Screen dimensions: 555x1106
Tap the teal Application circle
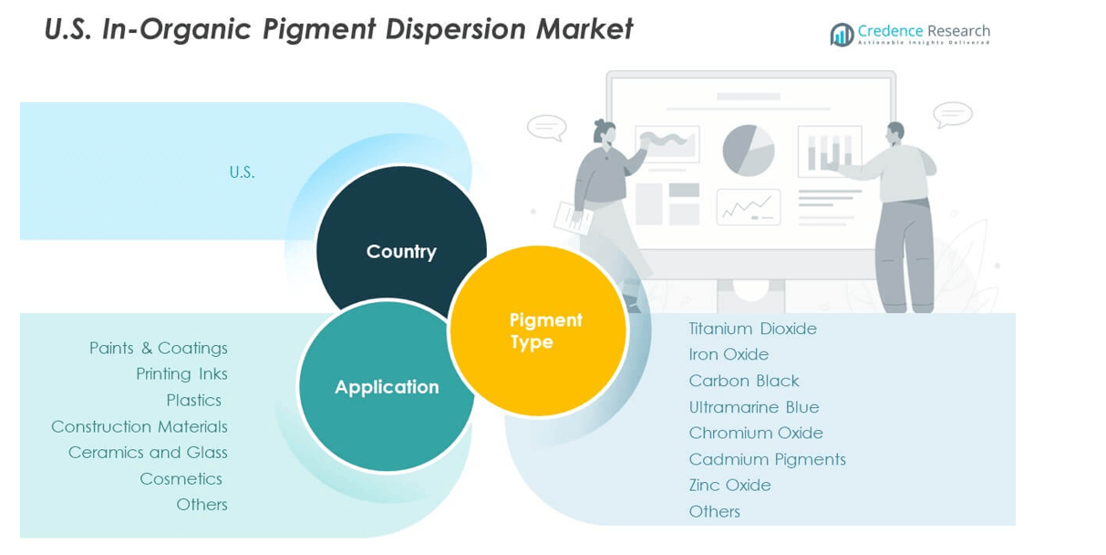tap(387, 386)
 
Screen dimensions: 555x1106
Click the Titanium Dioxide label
tap(752, 329)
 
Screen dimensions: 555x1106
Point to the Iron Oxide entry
tap(729, 354)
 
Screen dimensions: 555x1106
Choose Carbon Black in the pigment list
tap(744, 381)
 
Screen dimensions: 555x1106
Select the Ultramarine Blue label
tap(754, 407)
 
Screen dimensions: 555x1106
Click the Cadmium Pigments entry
tap(767, 459)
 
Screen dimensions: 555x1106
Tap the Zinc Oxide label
tap(729, 485)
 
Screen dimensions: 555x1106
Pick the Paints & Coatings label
tap(159, 348)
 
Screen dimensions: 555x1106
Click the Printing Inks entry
tap(181, 373)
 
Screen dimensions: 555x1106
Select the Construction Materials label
tap(140, 426)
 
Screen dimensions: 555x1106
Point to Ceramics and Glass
tap(148, 452)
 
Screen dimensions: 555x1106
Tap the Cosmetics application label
tap(181, 478)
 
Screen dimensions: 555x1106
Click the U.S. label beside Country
tap(242, 172)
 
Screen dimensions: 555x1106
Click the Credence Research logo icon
tap(842, 35)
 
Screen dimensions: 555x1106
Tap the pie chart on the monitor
tap(749, 150)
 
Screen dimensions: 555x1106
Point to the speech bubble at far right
tap(952, 115)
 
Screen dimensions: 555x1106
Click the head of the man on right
tap(894, 133)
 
